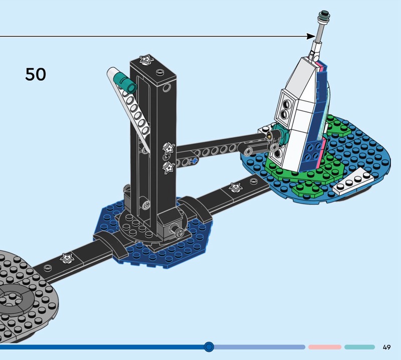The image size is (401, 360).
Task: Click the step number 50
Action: (36, 74)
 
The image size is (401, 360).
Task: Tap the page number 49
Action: (386, 347)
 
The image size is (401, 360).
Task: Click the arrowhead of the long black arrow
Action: (311, 36)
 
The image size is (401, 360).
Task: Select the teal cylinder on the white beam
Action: (125, 82)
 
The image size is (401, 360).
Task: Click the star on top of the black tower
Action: (146, 59)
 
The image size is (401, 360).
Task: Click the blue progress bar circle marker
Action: (209, 347)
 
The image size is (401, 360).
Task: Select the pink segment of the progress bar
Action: (325, 347)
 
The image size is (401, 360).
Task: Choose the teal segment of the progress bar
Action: (359, 347)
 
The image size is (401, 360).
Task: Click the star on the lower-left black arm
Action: (67, 258)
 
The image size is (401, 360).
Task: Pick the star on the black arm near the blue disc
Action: (236, 188)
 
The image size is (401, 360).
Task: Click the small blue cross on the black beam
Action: (194, 160)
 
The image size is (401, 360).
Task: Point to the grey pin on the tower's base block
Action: (177, 229)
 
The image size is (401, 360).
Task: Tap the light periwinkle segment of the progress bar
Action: (259, 347)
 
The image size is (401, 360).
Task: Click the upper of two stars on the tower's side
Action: (169, 148)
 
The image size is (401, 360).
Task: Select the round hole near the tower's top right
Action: (166, 88)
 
